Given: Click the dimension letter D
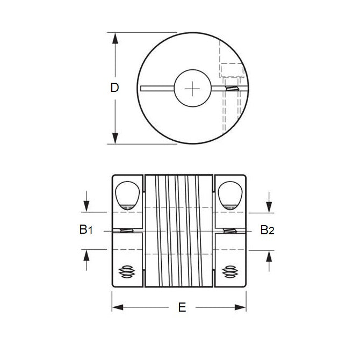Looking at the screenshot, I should (x=114, y=88).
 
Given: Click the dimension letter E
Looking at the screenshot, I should (x=182, y=307).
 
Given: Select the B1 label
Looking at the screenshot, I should (x=86, y=230).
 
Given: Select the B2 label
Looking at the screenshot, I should (x=268, y=230).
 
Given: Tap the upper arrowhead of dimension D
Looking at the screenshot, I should (x=114, y=37).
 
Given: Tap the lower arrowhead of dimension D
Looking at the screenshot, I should (x=114, y=139).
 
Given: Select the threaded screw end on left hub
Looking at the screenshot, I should (x=127, y=272).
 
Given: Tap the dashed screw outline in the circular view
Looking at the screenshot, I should (x=230, y=70).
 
